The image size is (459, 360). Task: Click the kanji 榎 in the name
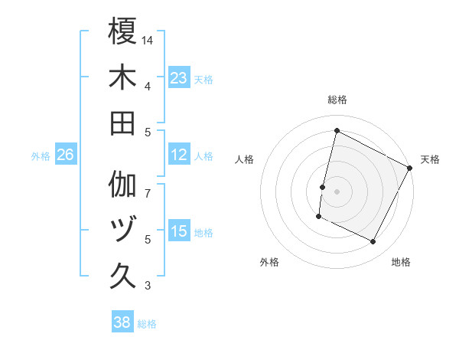pyautogui.click(x=123, y=31)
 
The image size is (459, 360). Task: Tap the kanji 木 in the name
pyautogui.click(x=123, y=77)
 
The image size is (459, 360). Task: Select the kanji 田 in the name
pyautogui.click(x=123, y=123)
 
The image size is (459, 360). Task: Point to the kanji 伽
pyautogui.click(x=123, y=185)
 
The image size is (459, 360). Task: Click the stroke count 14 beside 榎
pyautogui.click(x=148, y=40)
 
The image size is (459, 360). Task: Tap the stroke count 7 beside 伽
pyautogui.click(x=148, y=185)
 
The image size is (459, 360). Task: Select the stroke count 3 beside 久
pyautogui.click(x=148, y=286)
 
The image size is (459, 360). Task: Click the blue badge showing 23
pyautogui.click(x=179, y=78)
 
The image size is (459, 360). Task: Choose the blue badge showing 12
pyautogui.click(x=179, y=155)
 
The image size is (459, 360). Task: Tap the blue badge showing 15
pyautogui.click(x=179, y=232)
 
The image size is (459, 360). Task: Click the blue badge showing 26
pyautogui.click(x=65, y=155)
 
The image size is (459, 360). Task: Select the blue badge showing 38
pyautogui.click(x=122, y=322)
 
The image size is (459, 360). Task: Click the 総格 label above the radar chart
pyautogui.click(x=337, y=100)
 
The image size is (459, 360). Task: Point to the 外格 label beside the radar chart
pyautogui.click(x=269, y=262)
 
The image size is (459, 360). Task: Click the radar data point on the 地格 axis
pyautogui.click(x=373, y=242)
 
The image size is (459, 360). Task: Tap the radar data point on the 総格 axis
pyautogui.click(x=337, y=131)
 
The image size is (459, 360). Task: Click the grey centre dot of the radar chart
pyautogui.click(x=337, y=191)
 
